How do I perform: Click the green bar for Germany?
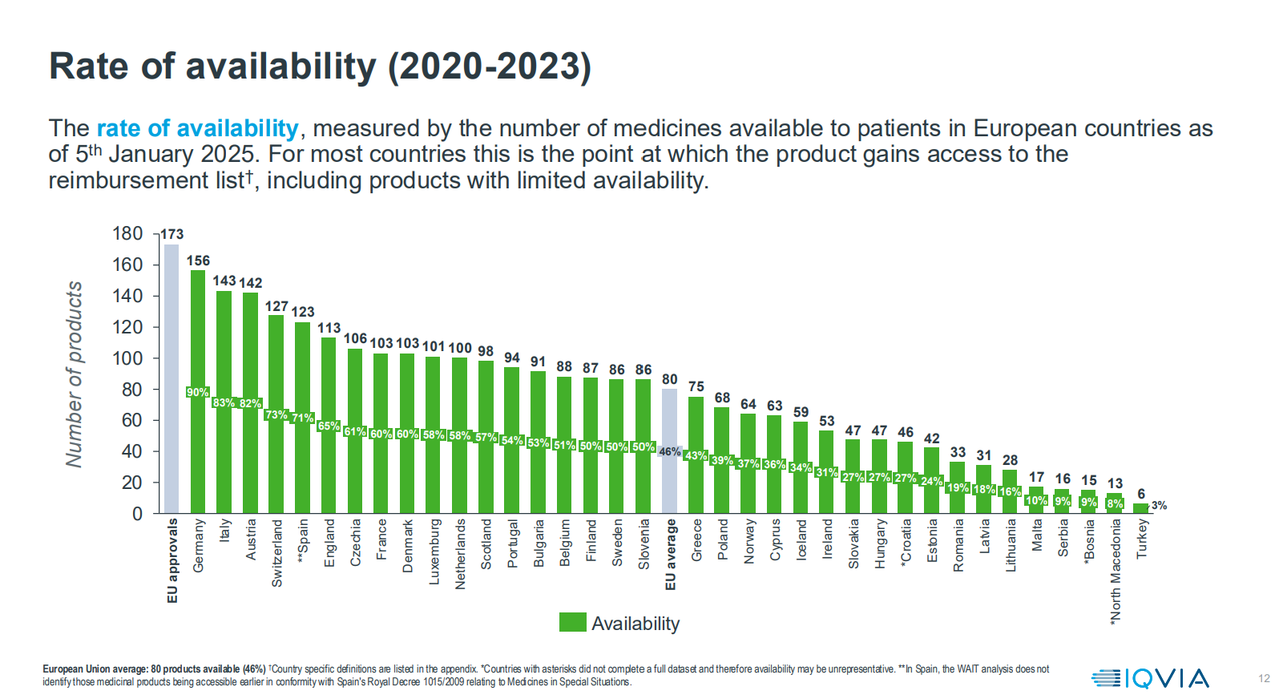[198, 337]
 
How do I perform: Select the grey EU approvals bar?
[171, 377]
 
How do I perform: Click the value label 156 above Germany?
[198, 261]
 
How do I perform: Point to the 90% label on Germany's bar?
[197, 392]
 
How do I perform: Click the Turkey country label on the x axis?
[1142, 539]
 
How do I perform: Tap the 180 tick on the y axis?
[127, 233]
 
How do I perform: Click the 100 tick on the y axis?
[127, 358]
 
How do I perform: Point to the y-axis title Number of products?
[74, 374]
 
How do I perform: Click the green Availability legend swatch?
[572, 622]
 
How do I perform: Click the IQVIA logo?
[1150, 678]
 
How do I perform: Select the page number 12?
[1264, 678]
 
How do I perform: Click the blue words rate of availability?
[197, 128]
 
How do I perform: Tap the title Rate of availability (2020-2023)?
[320, 67]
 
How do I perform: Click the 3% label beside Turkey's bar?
[1159, 505]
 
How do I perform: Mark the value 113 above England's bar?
[329, 328]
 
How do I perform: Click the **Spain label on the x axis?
[303, 541]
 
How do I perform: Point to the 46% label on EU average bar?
[670, 451]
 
